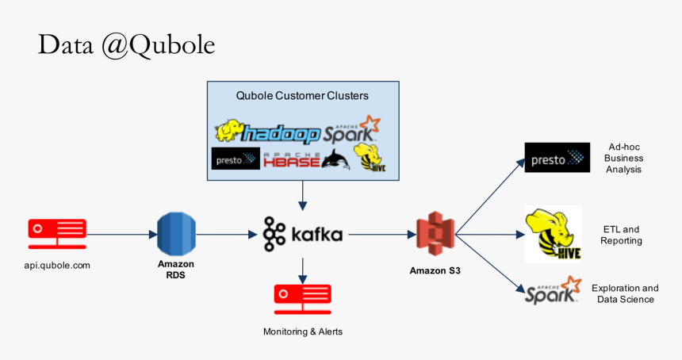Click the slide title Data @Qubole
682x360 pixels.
pyautogui.click(x=126, y=45)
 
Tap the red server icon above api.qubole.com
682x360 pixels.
pyautogui.click(x=57, y=229)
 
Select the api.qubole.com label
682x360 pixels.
pyautogui.click(x=57, y=265)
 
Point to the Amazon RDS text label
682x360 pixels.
pyautogui.click(x=175, y=270)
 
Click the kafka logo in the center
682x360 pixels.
pyautogui.click(x=303, y=234)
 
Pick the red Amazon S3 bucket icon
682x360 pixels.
pyautogui.click(x=435, y=234)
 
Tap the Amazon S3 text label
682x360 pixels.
pyautogui.click(x=435, y=270)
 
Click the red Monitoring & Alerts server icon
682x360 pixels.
pyautogui.click(x=303, y=296)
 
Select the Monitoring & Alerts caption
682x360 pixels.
pyautogui.click(x=303, y=331)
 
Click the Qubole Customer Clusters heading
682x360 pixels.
pyautogui.click(x=302, y=96)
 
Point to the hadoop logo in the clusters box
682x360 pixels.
pyautogui.click(x=268, y=132)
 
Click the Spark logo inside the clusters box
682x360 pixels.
pyautogui.click(x=350, y=130)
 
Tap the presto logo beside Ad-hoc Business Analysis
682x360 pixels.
pyautogui.click(x=557, y=158)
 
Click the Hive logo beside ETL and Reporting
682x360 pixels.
pyautogui.click(x=553, y=234)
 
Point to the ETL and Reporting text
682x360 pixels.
pyautogui.click(x=621, y=235)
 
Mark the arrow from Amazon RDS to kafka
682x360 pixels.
pyautogui.click(x=230, y=234)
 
